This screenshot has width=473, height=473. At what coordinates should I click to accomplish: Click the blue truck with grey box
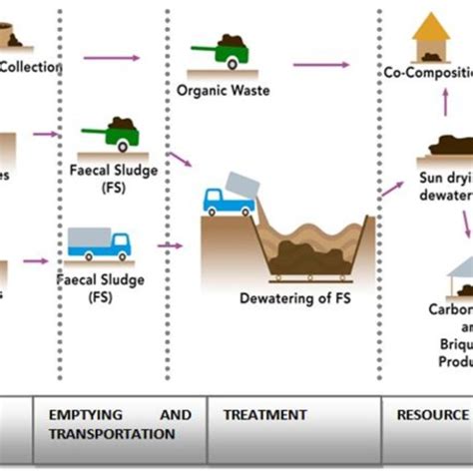coord(99,242)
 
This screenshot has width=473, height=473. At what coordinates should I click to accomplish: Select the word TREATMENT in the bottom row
coord(264,414)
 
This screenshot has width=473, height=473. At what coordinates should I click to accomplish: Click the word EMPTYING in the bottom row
coord(77,414)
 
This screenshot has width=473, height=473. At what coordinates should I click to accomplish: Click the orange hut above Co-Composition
coord(430,36)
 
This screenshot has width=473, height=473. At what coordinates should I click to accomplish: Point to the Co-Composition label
coord(427,73)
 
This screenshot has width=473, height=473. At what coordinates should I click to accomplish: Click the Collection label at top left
coord(30,67)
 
